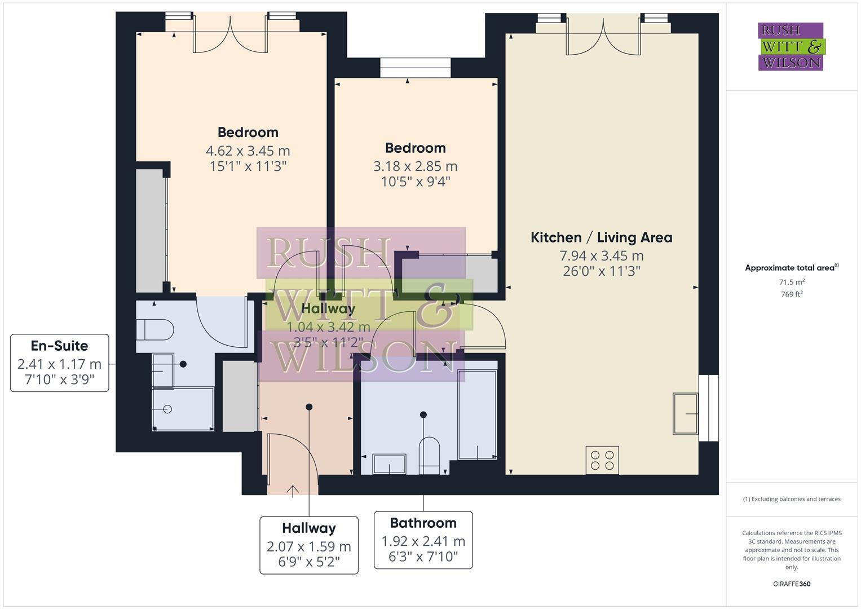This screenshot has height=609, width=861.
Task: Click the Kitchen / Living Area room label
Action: point(601,237)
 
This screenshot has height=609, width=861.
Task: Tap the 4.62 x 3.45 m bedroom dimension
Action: point(248,151)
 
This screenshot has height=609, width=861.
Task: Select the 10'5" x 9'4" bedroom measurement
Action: point(415,182)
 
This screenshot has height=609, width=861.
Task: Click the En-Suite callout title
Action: point(59,346)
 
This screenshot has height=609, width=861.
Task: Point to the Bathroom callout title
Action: point(423,523)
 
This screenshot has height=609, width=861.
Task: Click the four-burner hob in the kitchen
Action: point(602,460)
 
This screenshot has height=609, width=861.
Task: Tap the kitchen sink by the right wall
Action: point(685,414)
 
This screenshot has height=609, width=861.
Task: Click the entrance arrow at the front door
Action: point(293,491)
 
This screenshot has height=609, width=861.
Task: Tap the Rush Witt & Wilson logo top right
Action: point(791,46)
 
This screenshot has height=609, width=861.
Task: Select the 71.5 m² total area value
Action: point(792,282)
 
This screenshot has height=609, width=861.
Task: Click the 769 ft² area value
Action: point(792,294)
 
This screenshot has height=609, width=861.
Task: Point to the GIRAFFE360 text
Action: point(791,584)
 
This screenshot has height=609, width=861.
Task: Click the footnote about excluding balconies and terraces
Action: point(791,499)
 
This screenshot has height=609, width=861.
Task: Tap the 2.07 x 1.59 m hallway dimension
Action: point(308,546)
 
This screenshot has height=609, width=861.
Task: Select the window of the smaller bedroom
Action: point(415,68)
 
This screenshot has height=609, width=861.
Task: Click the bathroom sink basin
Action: point(389,464)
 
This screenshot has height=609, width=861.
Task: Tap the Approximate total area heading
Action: point(791,268)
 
